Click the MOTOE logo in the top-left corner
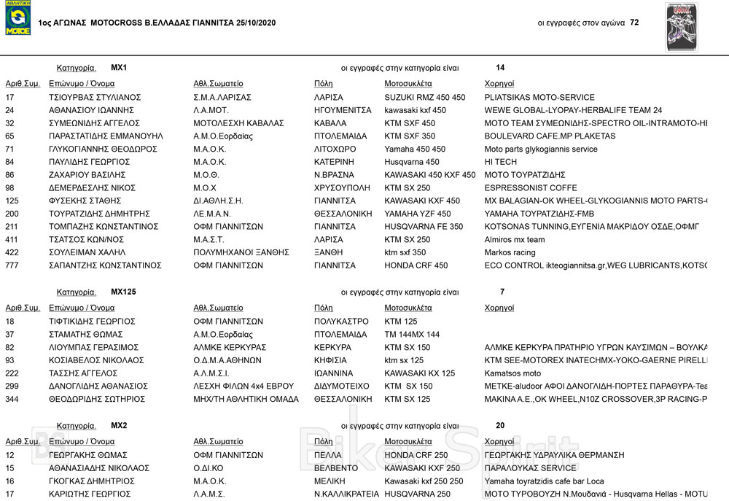[x=17, y=19]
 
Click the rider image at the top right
[x=682, y=27]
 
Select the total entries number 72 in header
[x=634, y=23]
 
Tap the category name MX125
[x=123, y=292]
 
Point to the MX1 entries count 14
[x=500, y=68]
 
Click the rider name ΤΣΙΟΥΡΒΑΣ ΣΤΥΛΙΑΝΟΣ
[x=95, y=97]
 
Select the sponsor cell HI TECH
[x=501, y=162]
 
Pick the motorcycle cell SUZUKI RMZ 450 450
[x=424, y=97]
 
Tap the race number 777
[x=12, y=265]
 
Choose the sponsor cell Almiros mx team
[x=515, y=240]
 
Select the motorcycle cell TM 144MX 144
[x=412, y=334]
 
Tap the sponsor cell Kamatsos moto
[x=512, y=373]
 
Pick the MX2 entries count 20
[x=500, y=425]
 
